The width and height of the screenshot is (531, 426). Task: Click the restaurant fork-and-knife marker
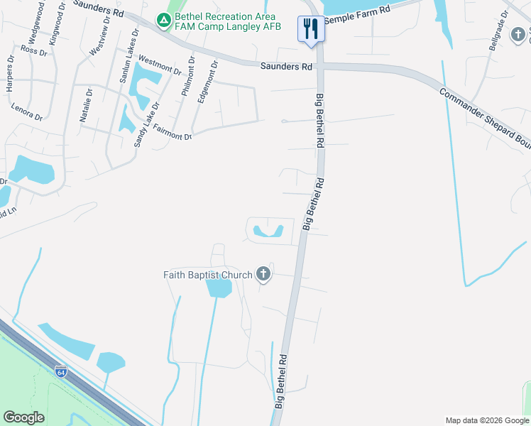point(310,29)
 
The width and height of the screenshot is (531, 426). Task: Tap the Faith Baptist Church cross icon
point(263,274)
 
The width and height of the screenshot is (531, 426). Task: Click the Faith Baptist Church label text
point(207,275)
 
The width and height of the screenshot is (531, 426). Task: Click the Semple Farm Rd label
point(357,15)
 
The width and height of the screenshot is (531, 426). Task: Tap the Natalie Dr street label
point(86,105)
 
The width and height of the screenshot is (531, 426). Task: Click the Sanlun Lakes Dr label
point(127,63)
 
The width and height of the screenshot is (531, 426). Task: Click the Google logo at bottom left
point(23,417)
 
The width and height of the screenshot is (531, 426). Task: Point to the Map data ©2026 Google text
point(487,420)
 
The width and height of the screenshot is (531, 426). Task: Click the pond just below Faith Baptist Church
point(219,288)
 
